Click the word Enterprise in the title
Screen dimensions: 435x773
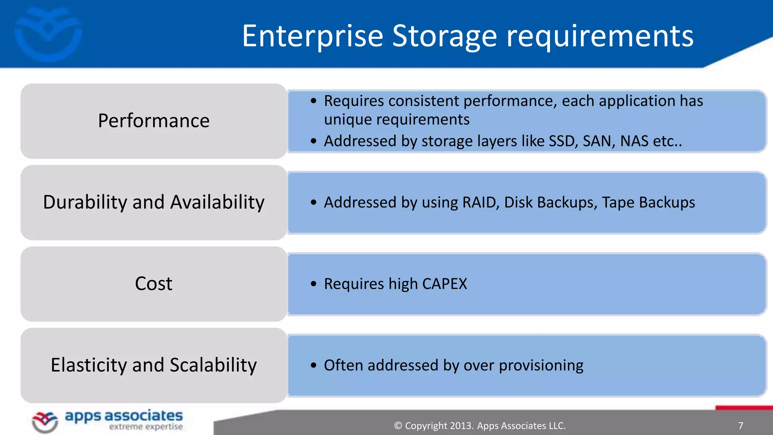pos(313,36)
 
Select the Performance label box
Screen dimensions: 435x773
pos(154,121)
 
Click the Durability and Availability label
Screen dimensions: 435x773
pos(154,202)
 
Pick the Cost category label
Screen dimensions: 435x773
pos(154,284)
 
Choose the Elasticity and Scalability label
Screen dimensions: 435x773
pos(154,365)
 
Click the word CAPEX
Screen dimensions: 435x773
pos(445,284)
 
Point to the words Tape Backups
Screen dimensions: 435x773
pos(648,202)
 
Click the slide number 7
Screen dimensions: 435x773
pos(741,426)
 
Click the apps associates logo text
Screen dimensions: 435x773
pos(124,416)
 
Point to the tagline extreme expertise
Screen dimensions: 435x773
pos(146,427)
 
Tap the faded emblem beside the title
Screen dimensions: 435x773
pos(48,34)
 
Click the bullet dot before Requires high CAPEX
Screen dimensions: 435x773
pos(313,284)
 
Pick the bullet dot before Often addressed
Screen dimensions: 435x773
pos(313,366)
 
